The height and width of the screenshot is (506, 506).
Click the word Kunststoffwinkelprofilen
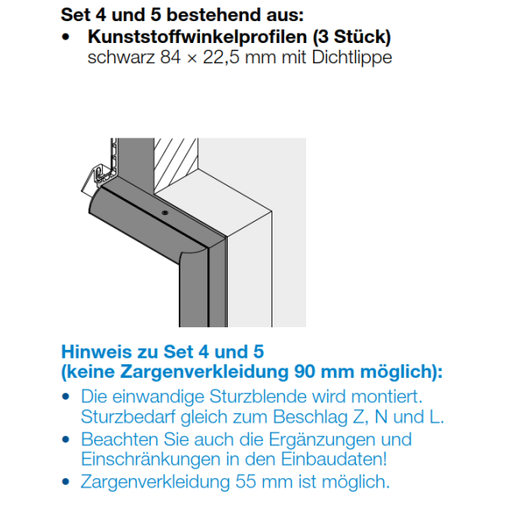(197, 37)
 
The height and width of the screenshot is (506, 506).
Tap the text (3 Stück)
(352, 37)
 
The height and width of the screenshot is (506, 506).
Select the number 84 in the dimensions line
(170, 57)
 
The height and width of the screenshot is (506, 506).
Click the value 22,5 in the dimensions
(221, 58)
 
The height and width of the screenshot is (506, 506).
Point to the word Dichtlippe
(352, 58)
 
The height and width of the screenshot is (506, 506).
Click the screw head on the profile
(165, 213)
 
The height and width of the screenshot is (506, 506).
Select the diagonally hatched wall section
(176, 164)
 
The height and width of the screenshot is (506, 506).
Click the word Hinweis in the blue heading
(96, 352)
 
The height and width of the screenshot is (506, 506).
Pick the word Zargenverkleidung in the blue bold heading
(204, 372)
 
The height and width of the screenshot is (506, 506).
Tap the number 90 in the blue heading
(304, 372)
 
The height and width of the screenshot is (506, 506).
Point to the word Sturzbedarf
(128, 417)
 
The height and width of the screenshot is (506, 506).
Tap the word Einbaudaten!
(334, 460)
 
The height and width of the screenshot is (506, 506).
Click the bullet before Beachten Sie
(66, 439)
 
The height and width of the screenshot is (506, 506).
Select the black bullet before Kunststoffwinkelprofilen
(66, 37)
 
